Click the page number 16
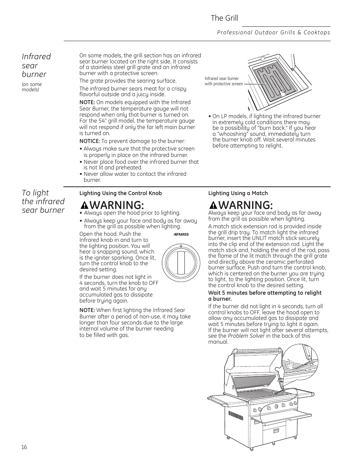[x=24, y=447]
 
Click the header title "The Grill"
[x=224, y=18]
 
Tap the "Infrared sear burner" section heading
[x=36, y=65]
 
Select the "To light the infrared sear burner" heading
[x=43, y=201]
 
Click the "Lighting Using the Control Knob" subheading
[x=120, y=193]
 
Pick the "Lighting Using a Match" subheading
[x=238, y=193]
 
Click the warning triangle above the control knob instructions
[x=85, y=205]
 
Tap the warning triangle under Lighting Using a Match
[x=214, y=205]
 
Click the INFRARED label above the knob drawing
[x=181, y=234]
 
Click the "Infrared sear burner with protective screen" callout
[x=223, y=81]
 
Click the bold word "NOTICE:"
[x=89, y=141]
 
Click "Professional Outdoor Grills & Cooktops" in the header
[x=274, y=32]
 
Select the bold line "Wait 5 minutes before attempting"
[x=265, y=293]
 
